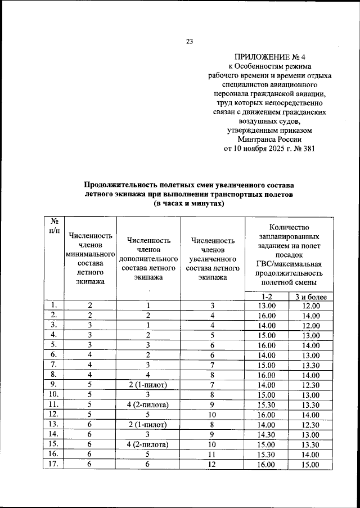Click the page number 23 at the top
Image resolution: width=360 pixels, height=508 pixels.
(190, 41)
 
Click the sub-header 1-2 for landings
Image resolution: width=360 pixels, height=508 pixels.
(267, 296)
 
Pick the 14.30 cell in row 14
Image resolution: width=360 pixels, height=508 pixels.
(267, 434)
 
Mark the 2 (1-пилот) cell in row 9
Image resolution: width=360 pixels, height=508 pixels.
(149, 384)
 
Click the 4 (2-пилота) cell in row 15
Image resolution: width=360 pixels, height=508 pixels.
(149, 444)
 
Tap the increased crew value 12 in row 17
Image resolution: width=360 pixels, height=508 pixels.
(213, 465)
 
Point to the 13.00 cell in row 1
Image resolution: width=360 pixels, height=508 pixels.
(267, 305)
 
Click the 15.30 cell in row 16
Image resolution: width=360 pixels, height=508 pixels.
(267, 455)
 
